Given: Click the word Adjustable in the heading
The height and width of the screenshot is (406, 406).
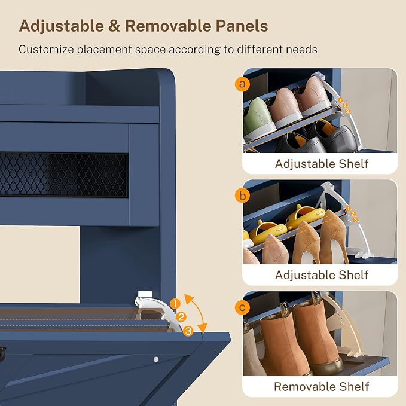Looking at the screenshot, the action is tap(62, 26).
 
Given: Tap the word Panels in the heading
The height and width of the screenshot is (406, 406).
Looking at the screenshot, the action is tap(242, 26).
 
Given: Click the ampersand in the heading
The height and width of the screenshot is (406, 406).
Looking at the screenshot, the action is tap(114, 26).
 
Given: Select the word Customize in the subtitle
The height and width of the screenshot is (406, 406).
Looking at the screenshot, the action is tap(46, 49).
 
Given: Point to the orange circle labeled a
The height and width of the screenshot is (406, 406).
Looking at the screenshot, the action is tap(242, 84).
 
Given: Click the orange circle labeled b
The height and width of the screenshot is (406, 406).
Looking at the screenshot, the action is tap(242, 196).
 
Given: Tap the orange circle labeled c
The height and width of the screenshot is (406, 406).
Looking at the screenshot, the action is tap(242, 307).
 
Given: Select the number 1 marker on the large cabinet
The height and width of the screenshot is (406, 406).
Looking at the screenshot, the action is tap(175, 304).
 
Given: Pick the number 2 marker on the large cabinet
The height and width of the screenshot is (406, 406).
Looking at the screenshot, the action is tap(181, 317).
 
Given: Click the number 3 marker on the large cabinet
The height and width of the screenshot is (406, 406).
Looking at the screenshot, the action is tap(188, 331).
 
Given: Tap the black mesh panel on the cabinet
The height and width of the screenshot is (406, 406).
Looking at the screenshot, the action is tap(63, 174).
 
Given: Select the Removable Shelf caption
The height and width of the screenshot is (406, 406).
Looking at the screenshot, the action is tap(321, 387).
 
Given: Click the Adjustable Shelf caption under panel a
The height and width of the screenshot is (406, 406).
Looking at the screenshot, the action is tap(322, 164).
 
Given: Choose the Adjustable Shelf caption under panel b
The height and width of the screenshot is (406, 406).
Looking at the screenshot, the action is tap(322, 275).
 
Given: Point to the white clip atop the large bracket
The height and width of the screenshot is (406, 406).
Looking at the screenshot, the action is tap(145, 294).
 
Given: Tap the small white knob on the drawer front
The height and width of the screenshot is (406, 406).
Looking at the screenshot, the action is tap(155, 359).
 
